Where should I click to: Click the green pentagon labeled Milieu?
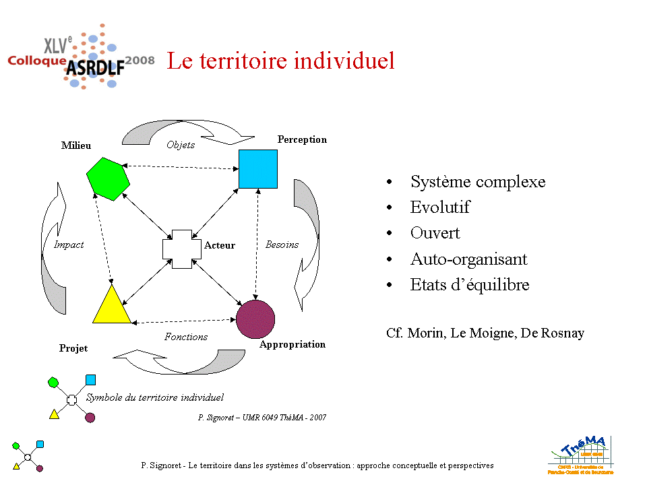108,179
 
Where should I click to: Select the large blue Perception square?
258,168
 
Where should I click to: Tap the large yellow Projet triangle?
111,304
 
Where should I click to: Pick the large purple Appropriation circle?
255,319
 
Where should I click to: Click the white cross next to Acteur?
182,249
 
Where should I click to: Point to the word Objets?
181,145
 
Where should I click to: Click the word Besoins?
282,245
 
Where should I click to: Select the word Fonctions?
186,337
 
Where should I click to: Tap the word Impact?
69,245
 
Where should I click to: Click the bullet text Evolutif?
439,207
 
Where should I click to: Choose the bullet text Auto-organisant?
468,259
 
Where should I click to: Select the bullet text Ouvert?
435,233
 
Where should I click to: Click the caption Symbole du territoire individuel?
154,397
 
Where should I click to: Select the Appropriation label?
292,344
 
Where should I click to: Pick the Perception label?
302,139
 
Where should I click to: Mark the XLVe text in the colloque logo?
57,45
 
